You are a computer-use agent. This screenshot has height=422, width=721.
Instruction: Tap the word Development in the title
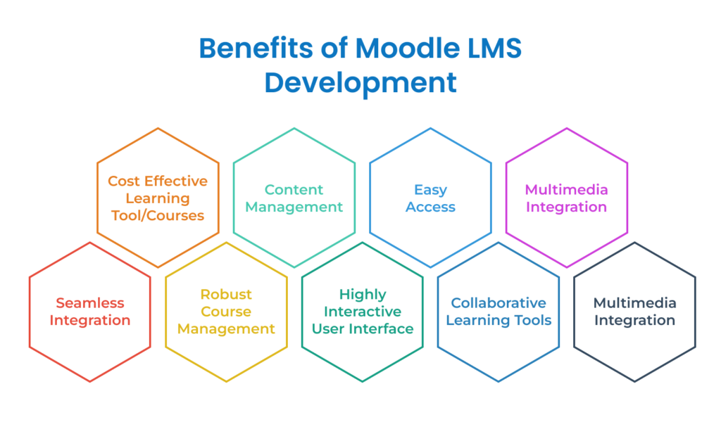point(360,82)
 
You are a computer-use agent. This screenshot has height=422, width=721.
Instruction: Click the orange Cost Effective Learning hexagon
point(157,197)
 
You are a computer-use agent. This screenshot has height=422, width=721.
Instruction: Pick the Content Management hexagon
point(294,198)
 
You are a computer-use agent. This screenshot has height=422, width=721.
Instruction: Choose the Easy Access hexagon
point(430,198)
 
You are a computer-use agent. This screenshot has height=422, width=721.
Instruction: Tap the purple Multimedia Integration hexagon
point(567,198)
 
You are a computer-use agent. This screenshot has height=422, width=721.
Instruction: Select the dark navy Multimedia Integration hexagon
point(634,312)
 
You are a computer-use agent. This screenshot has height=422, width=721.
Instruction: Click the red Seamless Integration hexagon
point(90,312)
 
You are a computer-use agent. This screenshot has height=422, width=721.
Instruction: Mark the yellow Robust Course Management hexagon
point(226,312)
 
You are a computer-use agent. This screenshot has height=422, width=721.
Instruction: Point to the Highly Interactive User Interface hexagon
point(362,312)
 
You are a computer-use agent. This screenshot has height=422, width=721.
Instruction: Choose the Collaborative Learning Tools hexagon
point(499,312)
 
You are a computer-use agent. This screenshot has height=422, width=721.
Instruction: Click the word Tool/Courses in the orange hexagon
point(158,215)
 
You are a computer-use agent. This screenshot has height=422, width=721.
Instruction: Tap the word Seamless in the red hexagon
point(90,303)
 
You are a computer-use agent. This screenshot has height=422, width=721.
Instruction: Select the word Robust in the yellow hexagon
point(226,294)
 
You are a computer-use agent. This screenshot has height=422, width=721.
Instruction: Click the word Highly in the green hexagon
point(363,294)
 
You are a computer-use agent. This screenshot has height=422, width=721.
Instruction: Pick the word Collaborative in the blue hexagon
point(499,303)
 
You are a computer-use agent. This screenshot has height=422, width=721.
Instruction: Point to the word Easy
point(431,189)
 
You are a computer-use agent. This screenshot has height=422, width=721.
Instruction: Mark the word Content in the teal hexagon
point(294,189)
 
